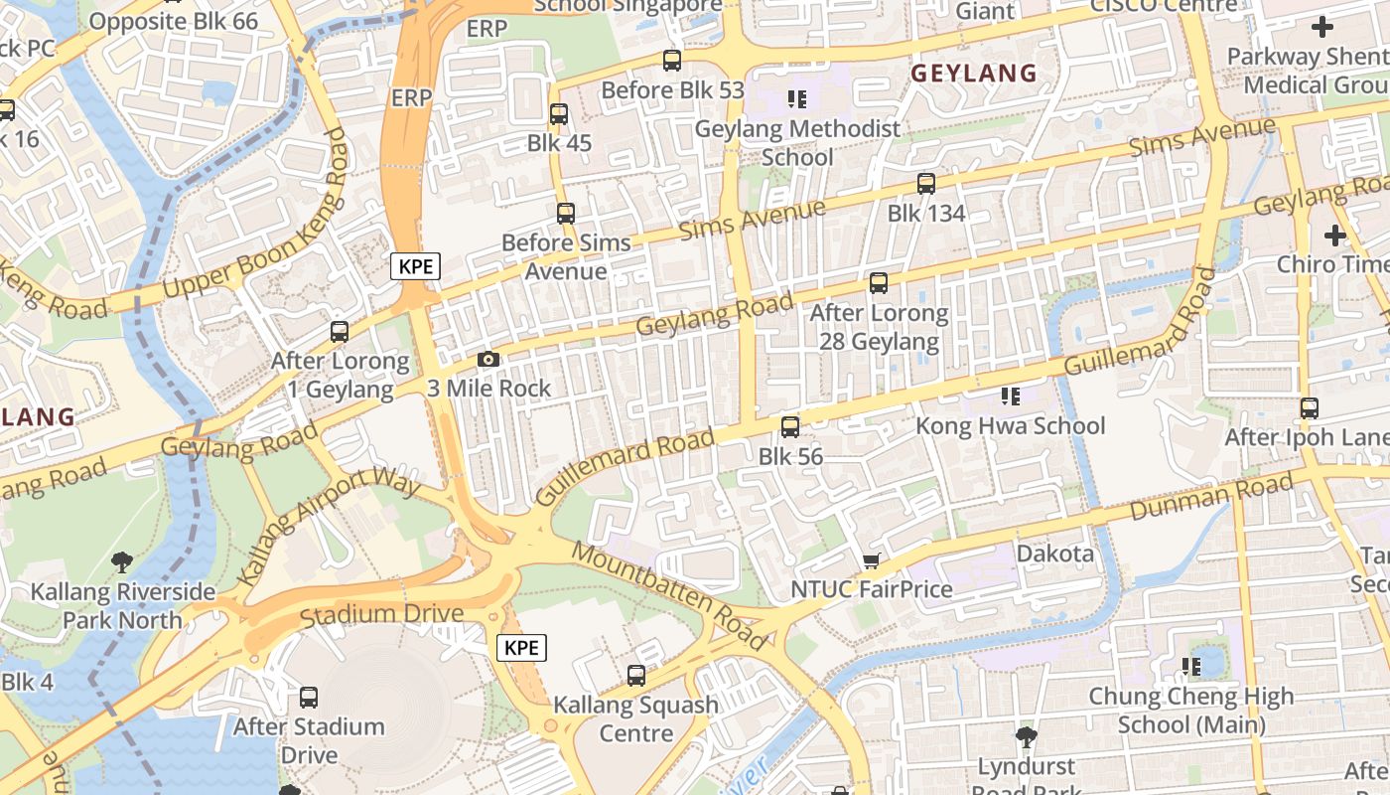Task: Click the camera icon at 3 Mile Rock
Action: click(x=488, y=359)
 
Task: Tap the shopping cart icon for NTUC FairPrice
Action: click(x=872, y=560)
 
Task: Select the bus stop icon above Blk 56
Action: click(x=790, y=427)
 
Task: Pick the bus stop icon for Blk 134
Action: click(x=926, y=184)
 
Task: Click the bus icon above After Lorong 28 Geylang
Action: click(x=879, y=283)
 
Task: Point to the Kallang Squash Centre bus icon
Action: click(x=636, y=676)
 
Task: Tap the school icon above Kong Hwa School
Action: click(x=1011, y=397)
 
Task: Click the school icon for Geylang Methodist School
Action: click(x=797, y=98)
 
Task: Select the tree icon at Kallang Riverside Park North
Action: click(x=122, y=562)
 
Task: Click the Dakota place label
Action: click(x=1055, y=554)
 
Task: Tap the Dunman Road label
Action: click(x=1211, y=497)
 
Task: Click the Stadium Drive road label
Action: click(x=381, y=615)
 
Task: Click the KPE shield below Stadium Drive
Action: click(x=521, y=648)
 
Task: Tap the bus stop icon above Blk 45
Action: click(x=559, y=114)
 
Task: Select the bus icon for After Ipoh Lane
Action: click(x=1310, y=408)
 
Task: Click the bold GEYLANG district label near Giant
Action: click(x=974, y=73)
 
